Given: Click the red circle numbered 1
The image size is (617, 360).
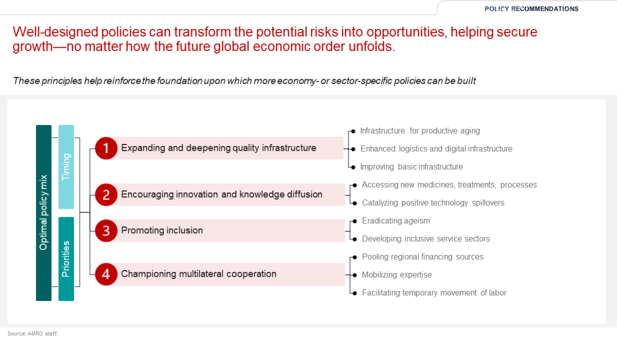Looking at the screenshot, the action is coord(106,148).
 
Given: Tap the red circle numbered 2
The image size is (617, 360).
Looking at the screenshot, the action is coord(106,195).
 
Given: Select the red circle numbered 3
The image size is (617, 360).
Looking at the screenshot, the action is coord(106,231).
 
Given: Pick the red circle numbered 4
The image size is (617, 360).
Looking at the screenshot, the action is coord(106,274).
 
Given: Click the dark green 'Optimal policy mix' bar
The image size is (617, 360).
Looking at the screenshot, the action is coord(44,213).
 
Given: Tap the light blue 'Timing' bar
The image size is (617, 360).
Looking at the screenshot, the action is coord(66,167).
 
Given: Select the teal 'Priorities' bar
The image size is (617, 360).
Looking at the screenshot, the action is coord(66,259).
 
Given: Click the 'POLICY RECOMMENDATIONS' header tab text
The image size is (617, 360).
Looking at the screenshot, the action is coord(531,9).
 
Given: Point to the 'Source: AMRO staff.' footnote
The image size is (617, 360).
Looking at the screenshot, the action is coord(32,334).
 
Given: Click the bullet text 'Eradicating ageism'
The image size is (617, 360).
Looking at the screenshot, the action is coord(396,221).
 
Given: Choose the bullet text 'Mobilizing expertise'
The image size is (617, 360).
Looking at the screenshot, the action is coord(396,275).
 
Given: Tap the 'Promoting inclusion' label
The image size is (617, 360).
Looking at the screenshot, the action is coord(162,230).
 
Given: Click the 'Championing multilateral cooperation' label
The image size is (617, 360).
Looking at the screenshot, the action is coord(198,274).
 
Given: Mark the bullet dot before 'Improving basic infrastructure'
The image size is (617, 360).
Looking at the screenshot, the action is coord(353,167).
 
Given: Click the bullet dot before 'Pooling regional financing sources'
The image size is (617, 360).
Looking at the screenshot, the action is coord(355,257).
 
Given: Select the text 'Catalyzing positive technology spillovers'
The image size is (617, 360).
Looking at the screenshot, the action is coord(433,203).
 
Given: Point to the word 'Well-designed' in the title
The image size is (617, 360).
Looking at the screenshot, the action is coord(56,32).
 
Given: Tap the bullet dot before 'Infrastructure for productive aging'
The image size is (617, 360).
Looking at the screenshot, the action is coord(353,131).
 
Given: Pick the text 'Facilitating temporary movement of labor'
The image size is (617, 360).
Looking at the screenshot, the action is coord(434,293).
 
